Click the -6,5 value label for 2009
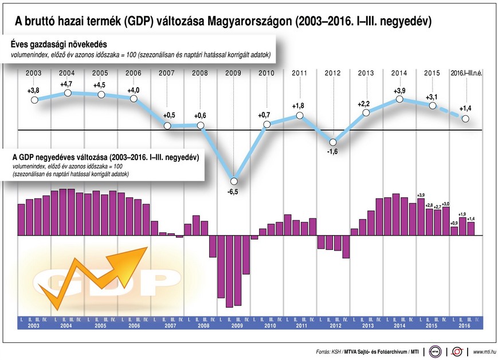click(233, 191)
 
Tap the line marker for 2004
click(67, 92)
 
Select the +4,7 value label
click(67, 84)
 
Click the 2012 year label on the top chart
click(333, 73)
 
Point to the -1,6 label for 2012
click(333, 152)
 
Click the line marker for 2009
click(233, 181)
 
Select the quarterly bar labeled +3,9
click(421, 217)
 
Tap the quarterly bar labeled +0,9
click(454, 231)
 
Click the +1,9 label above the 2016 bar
click(462, 214)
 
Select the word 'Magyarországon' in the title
click(247, 22)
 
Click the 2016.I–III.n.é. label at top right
click(467, 73)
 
